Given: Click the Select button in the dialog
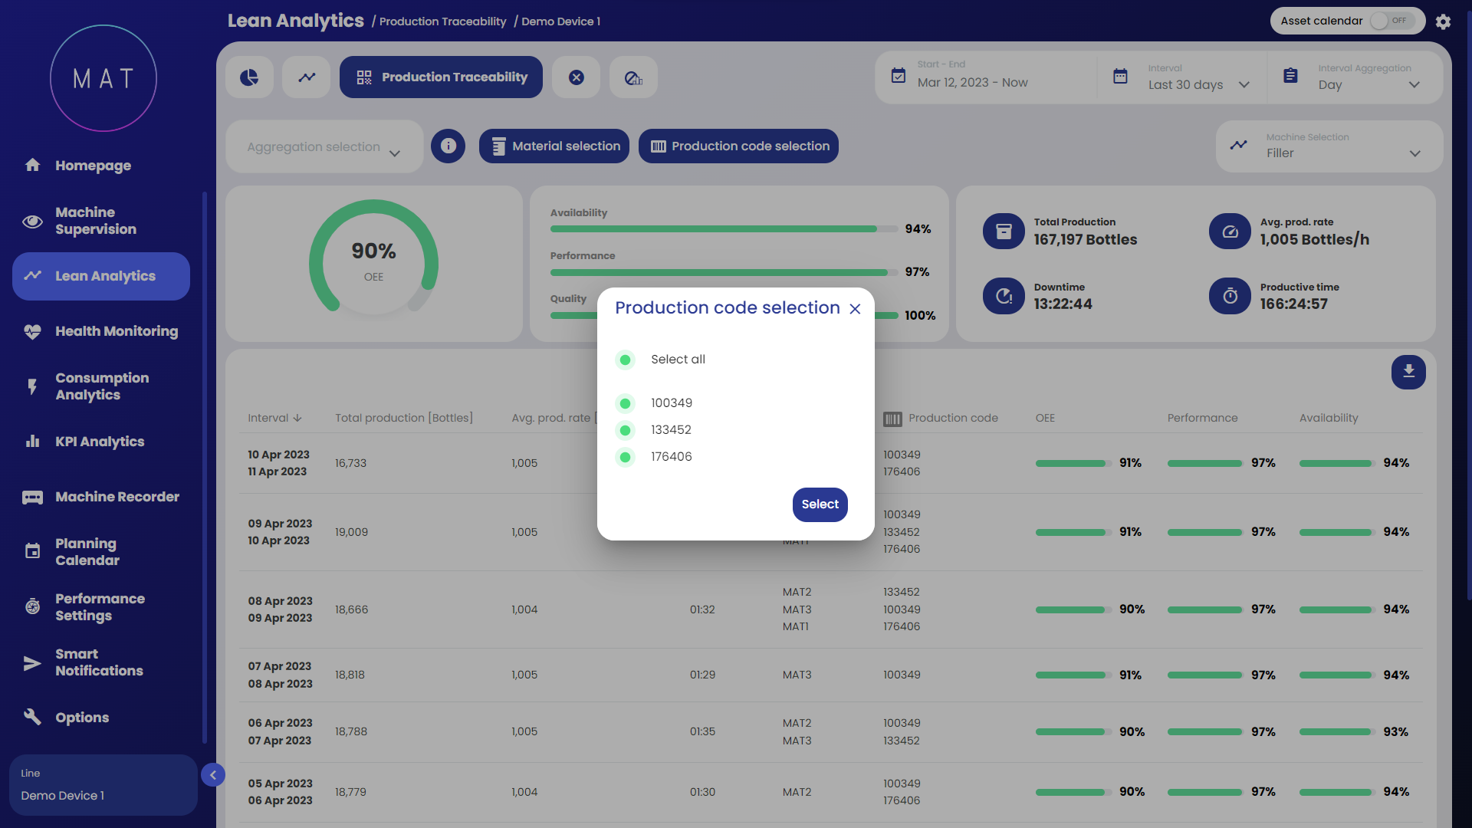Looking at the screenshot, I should (x=820, y=504).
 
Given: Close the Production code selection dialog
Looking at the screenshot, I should (x=855, y=309).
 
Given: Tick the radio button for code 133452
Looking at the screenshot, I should (x=626, y=430).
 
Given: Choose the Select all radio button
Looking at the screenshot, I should (x=626, y=360).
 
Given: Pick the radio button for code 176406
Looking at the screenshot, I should (x=626, y=457).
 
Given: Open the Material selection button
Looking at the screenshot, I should (x=554, y=146).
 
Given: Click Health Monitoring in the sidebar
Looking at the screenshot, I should (x=116, y=331).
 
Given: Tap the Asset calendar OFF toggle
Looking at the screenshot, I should (x=1392, y=21).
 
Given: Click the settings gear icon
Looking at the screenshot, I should (x=1443, y=21).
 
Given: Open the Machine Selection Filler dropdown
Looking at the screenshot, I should (x=1329, y=146).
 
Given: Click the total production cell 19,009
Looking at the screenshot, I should (x=351, y=532).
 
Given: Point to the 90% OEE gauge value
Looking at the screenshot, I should (x=373, y=251).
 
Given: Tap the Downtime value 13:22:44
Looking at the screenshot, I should (x=1063, y=304).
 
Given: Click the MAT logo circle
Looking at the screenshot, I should (x=103, y=78).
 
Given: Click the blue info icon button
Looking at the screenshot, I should (x=448, y=146).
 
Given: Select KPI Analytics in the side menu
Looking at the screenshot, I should (x=99, y=442).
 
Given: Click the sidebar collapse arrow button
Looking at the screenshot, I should (x=213, y=775).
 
